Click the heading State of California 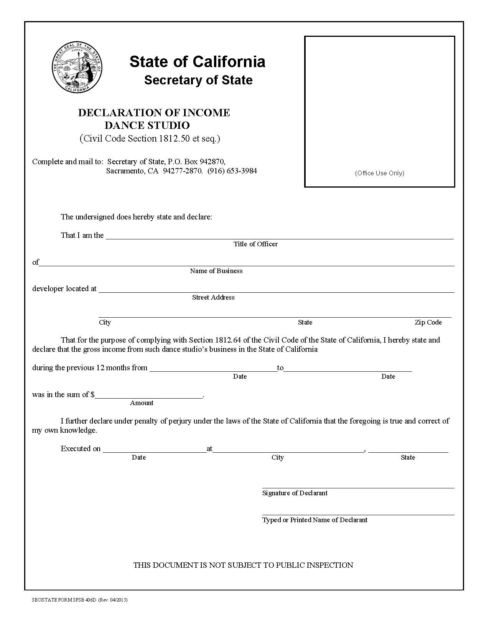click(x=197, y=61)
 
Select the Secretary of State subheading click(x=198, y=80)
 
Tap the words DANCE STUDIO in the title click(x=147, y=125)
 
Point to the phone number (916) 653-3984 click(x=232, y=171)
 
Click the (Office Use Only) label click(x=379, y=173)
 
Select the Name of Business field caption click(x=216, y=271)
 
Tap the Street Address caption click(x=213, y=297)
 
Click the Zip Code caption click(x=428, y=322)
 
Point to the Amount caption click(x=142, y=403)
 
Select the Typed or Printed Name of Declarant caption click(x=314, y=520)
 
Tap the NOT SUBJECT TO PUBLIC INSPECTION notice click(x=243, y=565)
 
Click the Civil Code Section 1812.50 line click(x=150, y=138)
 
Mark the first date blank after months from click(x=213, y=369)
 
